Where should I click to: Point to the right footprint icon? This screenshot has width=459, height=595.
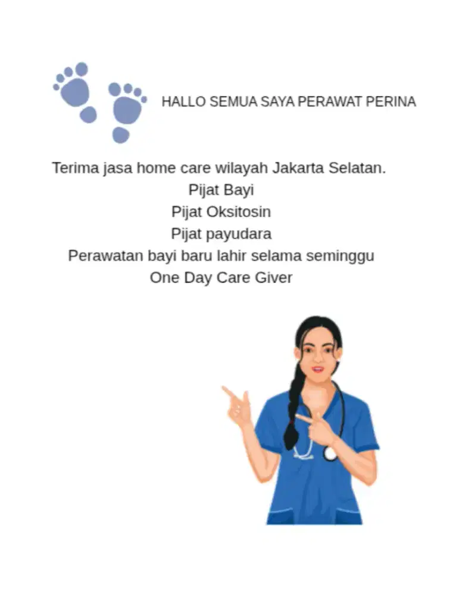tap(126, 109)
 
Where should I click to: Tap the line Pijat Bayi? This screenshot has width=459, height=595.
tap(221, 190)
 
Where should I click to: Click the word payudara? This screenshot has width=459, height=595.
tap(238, 234)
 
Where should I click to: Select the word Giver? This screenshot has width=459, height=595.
tap(274, 278)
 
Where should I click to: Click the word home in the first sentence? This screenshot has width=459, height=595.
tap(156, 168)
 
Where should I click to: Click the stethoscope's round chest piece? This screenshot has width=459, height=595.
tap(330, 453)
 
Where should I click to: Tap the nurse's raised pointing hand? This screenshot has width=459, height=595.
tap(237, 405)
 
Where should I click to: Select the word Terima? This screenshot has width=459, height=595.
tap(74, 168)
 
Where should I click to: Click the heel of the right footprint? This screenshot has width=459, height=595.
tap(121, 135)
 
